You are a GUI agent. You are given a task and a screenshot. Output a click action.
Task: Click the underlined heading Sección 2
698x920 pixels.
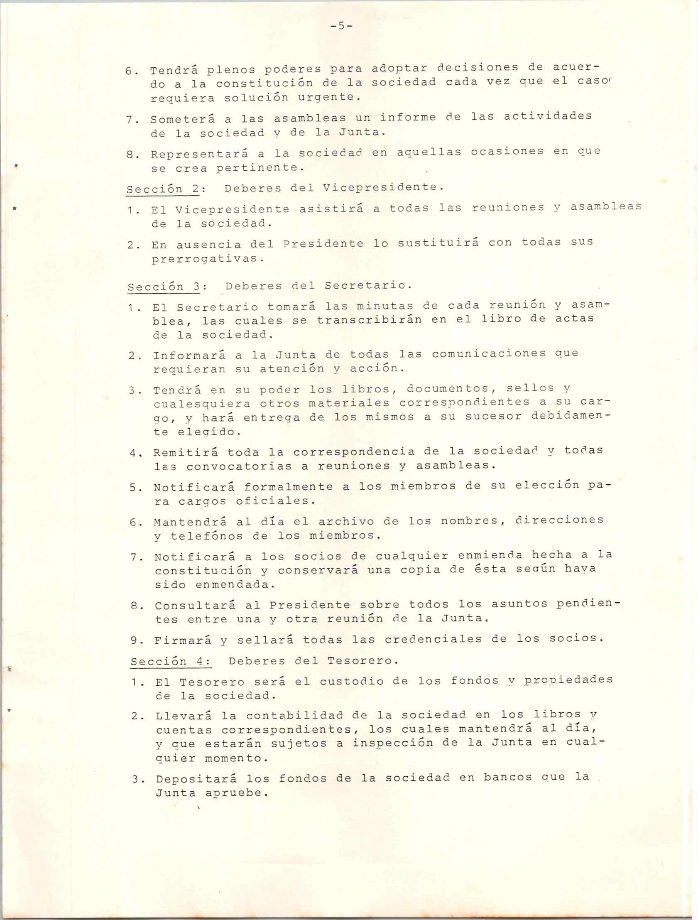[x=162, y=189]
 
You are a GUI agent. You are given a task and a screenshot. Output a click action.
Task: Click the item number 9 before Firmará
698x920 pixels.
[x=135, y=640]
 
